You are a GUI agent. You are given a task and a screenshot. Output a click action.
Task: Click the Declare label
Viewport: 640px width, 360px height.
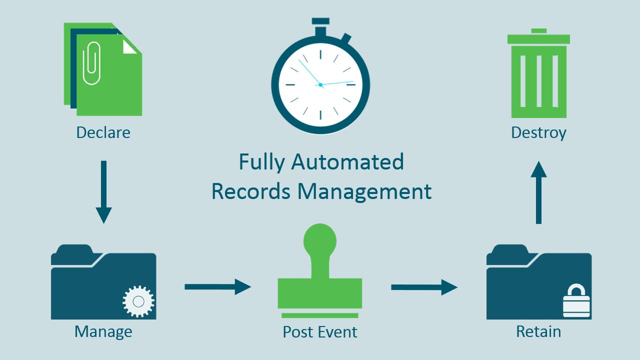click(x=103, y=132)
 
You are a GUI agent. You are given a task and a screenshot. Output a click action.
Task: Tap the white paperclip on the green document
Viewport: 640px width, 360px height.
click(x=91, y=63)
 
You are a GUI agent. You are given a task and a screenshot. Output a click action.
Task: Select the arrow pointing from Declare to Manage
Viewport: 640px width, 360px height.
click(x=103, y=192)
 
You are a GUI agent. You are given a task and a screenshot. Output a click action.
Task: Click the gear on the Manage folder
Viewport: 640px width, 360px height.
click(x=138, y=301)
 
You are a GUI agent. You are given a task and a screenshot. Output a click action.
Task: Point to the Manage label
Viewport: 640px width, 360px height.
click(x=103, y=331)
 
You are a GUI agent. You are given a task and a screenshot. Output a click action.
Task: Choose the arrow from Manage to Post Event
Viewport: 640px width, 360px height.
click(x=217, y=286)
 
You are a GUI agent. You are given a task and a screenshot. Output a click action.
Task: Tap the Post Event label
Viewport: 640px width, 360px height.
click(x=320, y=332)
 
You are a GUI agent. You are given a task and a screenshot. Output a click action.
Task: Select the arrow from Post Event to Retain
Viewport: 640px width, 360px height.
click(x=424, y=287)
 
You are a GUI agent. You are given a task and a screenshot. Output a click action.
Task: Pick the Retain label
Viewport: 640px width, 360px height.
click(x=538, y=331)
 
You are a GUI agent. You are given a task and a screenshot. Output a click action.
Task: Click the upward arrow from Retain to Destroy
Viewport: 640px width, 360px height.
click(x=538, y=192)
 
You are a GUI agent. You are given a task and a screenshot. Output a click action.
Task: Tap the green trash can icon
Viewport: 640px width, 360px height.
click(x=538, y=80)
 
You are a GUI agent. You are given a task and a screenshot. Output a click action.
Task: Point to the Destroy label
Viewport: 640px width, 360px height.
click(x=538, y=132)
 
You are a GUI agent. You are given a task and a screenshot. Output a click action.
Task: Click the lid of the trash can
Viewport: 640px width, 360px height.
click(x=538, y=38)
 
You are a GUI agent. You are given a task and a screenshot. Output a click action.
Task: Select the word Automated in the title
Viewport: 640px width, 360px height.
click(x=347, y=162)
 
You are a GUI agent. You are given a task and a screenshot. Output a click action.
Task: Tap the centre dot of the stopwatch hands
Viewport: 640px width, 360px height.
click(x=320, y=85)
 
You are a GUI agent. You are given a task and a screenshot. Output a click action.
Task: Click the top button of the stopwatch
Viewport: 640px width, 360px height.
click(x=320, y=21)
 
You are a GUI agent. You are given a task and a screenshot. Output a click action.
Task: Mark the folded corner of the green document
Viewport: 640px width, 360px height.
click(x=129, y=46)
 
